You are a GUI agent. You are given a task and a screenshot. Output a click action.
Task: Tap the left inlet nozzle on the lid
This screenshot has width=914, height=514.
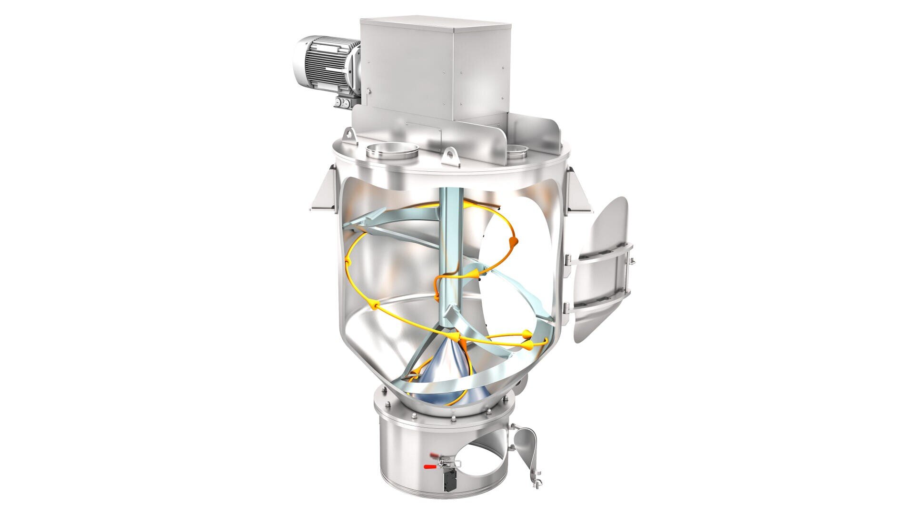391,151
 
